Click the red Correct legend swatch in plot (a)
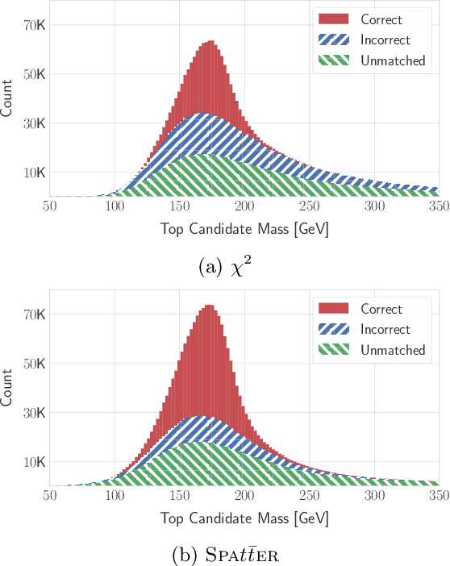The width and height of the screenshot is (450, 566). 332,19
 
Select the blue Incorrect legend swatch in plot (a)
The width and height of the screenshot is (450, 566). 332,40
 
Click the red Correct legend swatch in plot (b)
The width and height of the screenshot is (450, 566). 332,309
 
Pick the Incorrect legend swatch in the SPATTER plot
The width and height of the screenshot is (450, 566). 332,330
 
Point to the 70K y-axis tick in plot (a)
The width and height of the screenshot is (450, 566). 34,25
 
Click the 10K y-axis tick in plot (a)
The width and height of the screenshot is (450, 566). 34,173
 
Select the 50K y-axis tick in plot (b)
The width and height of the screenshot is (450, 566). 34,364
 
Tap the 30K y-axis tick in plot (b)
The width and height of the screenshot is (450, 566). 34,413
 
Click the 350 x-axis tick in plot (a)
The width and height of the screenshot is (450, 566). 438,207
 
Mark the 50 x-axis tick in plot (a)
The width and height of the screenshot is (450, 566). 50,207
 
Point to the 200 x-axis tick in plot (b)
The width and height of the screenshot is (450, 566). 244,497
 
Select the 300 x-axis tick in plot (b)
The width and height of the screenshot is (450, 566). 373,497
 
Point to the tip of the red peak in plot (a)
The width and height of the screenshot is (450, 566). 210,42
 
